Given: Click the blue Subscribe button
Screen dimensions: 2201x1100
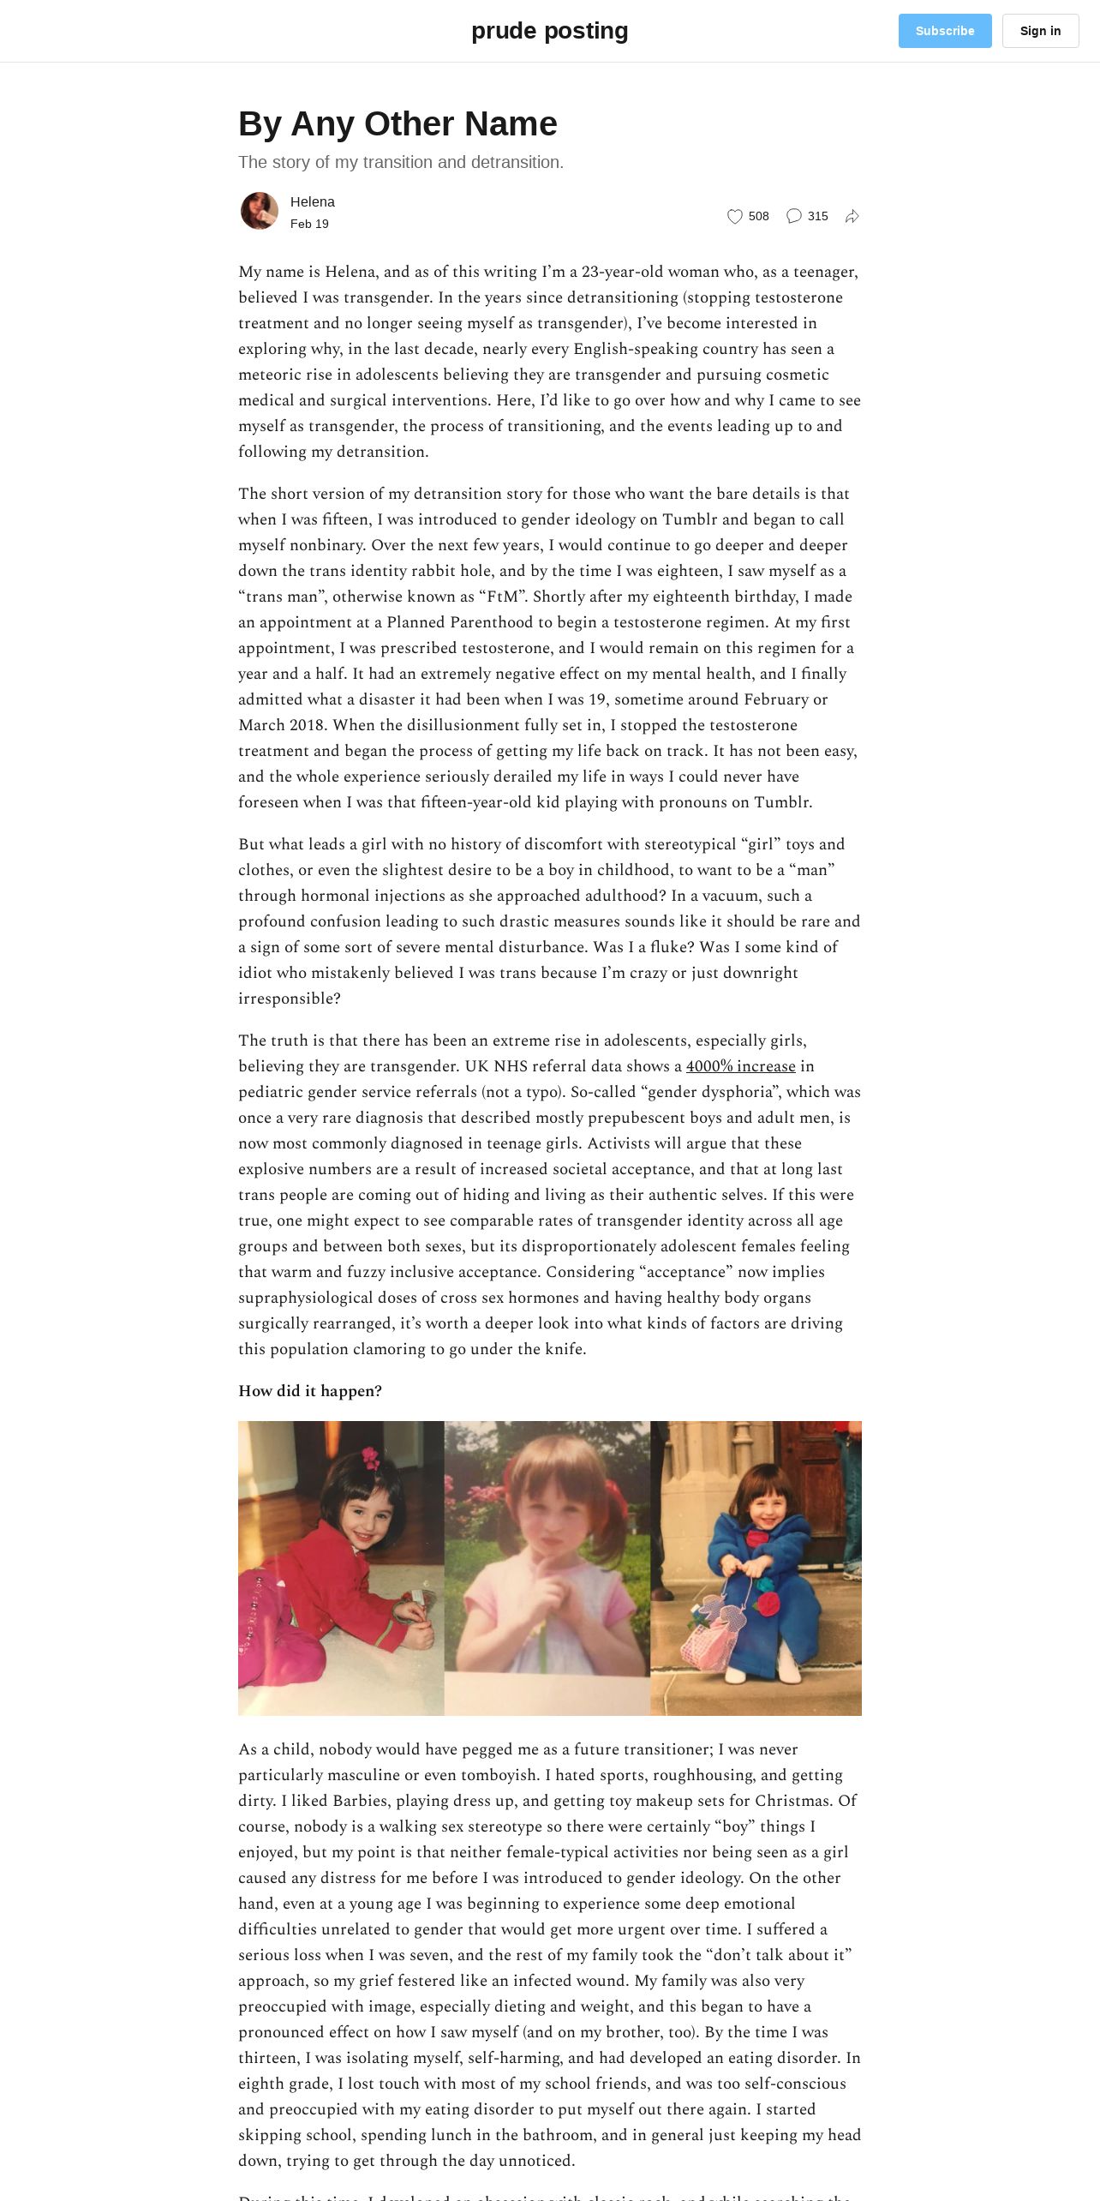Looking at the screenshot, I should pos(944,31).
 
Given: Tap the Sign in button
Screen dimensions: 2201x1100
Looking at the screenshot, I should pos(1040,31).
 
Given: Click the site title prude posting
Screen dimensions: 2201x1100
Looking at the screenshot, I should pos(549,31).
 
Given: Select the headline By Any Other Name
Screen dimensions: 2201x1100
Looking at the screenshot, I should pos(398,123).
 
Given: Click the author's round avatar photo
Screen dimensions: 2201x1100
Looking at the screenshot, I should pos(260,211).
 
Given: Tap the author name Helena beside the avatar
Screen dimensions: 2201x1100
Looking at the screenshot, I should pos(312,202).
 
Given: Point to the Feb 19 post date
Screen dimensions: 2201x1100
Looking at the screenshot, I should pos(309,224).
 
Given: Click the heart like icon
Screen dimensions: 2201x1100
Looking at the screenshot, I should pos(734,216).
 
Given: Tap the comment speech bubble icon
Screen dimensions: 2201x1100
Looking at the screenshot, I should pos(794,216).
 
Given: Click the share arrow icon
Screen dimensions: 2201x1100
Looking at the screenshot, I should pos(852,216).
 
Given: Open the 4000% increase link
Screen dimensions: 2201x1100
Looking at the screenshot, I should pos(740,1066).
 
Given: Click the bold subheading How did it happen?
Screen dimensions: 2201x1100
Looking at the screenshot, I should pos(310,1391).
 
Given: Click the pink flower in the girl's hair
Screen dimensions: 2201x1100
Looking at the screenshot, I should pos(370,1456).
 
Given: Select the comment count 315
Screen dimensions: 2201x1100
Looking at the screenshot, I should pos(817,216).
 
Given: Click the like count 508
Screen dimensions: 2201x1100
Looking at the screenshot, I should pos(758,216).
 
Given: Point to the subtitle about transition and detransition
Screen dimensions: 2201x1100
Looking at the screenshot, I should pos(401,162).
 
